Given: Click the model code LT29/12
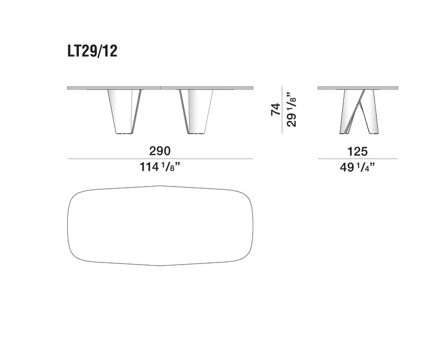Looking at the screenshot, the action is tap(92, 52).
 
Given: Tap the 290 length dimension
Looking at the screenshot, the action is tap(160, 151).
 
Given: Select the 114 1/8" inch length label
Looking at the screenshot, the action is tap(160, 167).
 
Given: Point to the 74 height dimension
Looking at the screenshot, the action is tap(275, 110).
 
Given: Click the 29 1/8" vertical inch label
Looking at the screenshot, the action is tap(291, 109).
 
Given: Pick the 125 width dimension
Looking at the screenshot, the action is tap(358, 152).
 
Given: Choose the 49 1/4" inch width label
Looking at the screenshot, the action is tap(357, 168).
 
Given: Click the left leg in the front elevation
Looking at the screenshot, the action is tap(124, 112).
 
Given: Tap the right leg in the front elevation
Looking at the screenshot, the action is tap(197, 112).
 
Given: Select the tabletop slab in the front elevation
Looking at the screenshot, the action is tap(160, 88).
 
